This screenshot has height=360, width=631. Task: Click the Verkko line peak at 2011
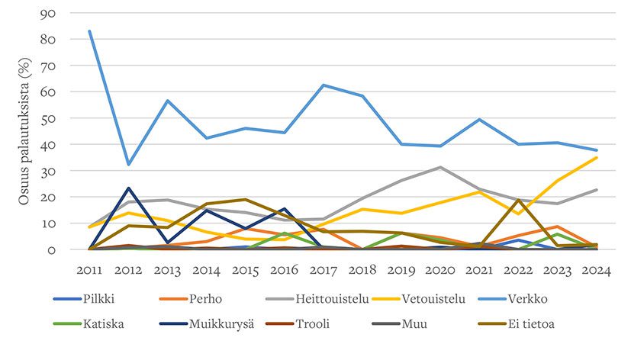coord(90,31)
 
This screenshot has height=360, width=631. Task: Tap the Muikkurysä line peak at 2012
coord(129,188)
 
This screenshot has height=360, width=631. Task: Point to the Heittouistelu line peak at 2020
coord(440,167)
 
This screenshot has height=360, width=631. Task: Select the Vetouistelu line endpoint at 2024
coord(596,157)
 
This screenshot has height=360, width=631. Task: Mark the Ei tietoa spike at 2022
coord(518,200)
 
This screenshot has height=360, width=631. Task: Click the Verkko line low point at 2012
coord(129,164)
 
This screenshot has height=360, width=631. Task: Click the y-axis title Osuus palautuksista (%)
coord(24,131)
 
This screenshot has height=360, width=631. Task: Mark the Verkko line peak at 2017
coord(324,85)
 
